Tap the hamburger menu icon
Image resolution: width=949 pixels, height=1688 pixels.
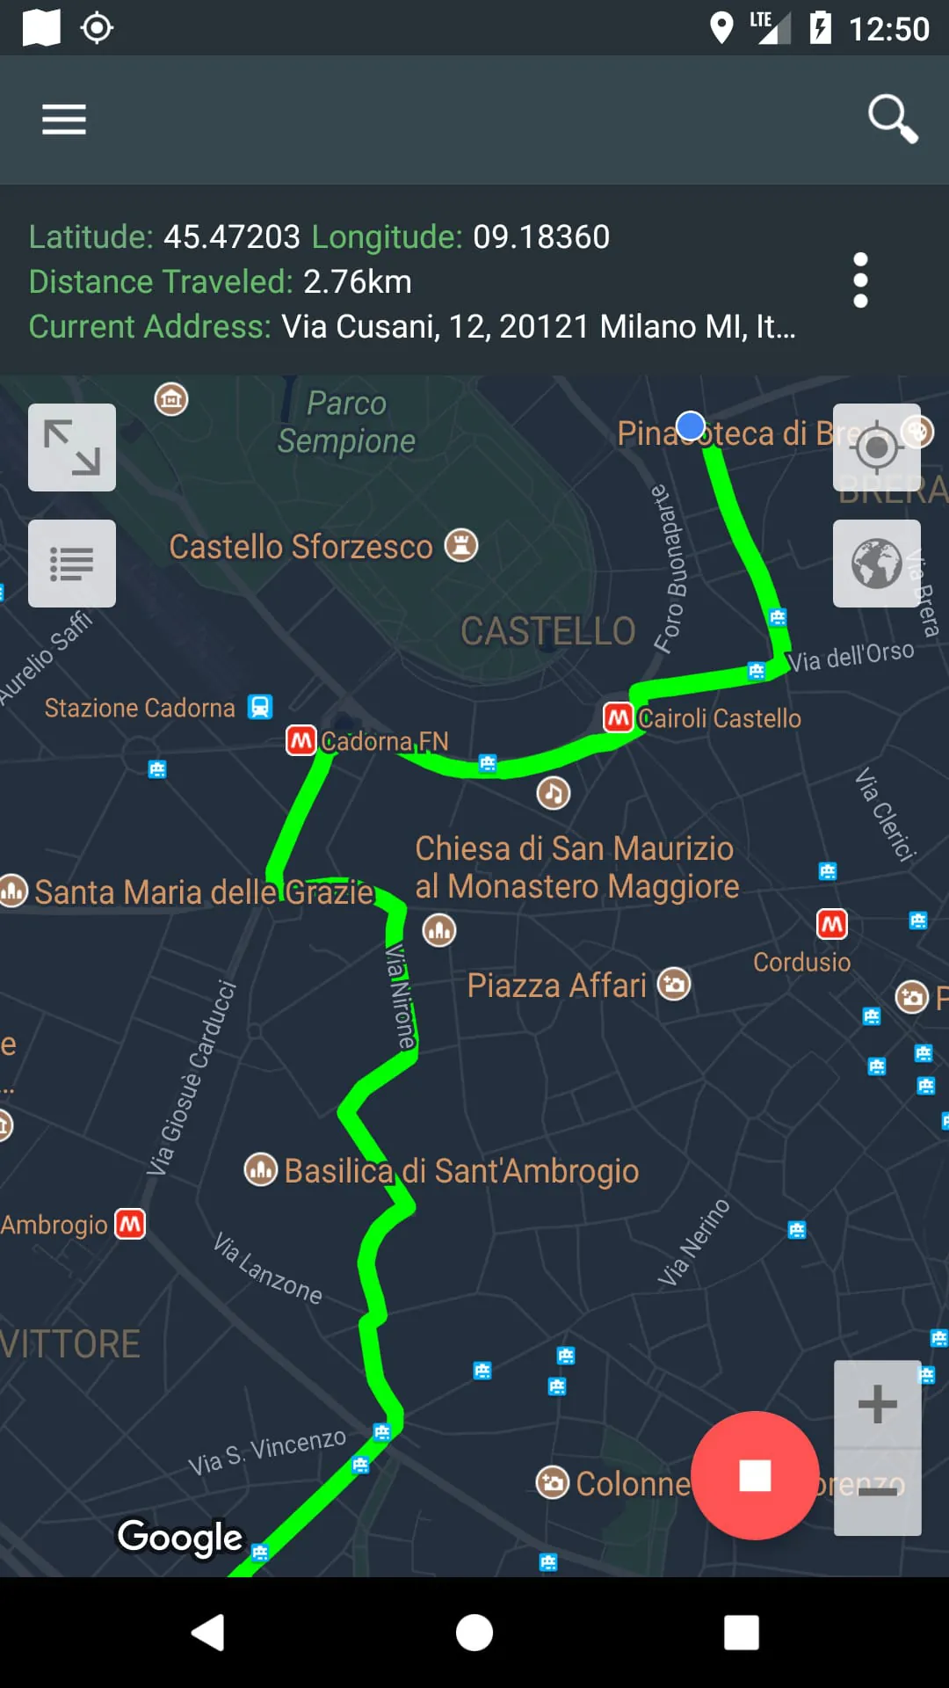pos(64,119)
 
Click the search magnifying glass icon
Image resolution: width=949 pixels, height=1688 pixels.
pos(892,118)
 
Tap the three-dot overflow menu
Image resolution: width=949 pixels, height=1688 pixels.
pos(860,280)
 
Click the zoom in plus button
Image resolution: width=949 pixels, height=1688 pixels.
pos(877,1404)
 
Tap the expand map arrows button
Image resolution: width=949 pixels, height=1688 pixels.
pos(72,447)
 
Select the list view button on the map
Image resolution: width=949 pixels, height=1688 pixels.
pos(72,564)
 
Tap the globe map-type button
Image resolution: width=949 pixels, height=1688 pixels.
pos(876,564)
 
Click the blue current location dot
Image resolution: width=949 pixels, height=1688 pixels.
pos(692,426)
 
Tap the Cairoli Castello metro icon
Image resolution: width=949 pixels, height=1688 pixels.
pos(619,717)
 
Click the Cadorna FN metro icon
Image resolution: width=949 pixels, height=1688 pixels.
pos(301,740)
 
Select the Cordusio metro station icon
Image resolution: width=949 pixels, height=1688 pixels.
pos(831,924)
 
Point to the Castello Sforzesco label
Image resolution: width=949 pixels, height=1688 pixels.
pos(301,547)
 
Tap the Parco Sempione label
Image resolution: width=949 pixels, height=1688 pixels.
pos(346,422)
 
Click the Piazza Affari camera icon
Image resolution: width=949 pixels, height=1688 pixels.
pos(674,985)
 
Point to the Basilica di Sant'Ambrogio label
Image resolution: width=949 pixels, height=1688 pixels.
pos(461,1171)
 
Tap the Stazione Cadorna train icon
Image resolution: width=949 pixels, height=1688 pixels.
pos(260,707)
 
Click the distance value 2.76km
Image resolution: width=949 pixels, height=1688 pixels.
pos(357,282)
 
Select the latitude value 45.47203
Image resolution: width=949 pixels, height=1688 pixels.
pos(232,237)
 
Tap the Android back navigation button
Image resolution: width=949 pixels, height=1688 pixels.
pos(208,1633)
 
